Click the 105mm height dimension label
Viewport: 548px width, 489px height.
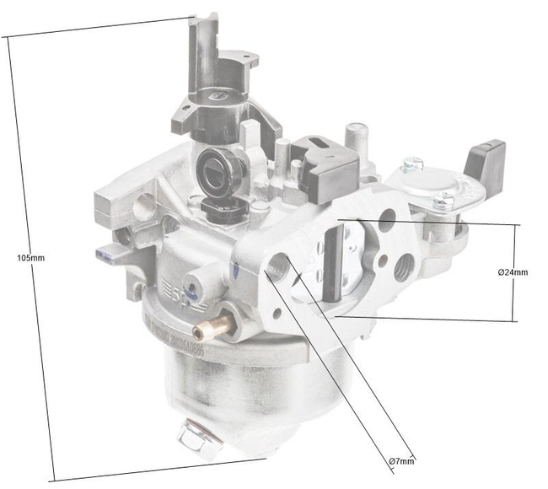[x=31, y=257]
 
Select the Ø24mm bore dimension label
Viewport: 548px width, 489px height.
[x=513, y=272]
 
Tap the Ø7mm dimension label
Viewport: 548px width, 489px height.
[x=401, y=461]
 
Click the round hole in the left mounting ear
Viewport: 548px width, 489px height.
[x=145, y=202]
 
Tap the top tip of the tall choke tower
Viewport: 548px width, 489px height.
[x=198, y=21]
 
